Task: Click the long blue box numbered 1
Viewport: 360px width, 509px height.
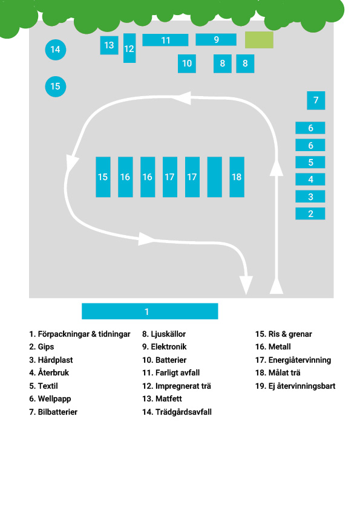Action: [150, 311]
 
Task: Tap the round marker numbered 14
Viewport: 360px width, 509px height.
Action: [55, 50]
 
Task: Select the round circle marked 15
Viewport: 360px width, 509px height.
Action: [55, 86]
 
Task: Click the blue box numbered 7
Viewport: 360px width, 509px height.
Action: [316, 100]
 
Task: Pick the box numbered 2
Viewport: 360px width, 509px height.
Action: [310, 213]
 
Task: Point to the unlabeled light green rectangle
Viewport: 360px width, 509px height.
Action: [259, 40]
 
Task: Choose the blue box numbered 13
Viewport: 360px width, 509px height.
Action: [109, 45]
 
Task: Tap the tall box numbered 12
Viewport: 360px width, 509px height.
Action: [129, 48]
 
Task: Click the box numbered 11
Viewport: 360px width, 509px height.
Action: [165, 40]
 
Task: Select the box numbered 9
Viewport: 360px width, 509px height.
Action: [216, 40]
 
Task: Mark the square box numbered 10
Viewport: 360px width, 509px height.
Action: [187, 63]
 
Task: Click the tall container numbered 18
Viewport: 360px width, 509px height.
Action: [237, 177]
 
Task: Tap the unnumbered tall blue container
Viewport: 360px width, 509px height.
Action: [214, 177]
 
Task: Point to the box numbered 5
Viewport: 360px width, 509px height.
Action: [310, 162]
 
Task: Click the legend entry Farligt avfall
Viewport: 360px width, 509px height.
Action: [171, 372]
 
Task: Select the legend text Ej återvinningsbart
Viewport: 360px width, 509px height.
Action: [295, 386]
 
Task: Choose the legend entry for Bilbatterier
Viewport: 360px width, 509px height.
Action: [53, 412]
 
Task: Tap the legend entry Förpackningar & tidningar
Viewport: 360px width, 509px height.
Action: [80, 334]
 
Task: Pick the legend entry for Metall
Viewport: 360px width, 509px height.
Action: [273, 347]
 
